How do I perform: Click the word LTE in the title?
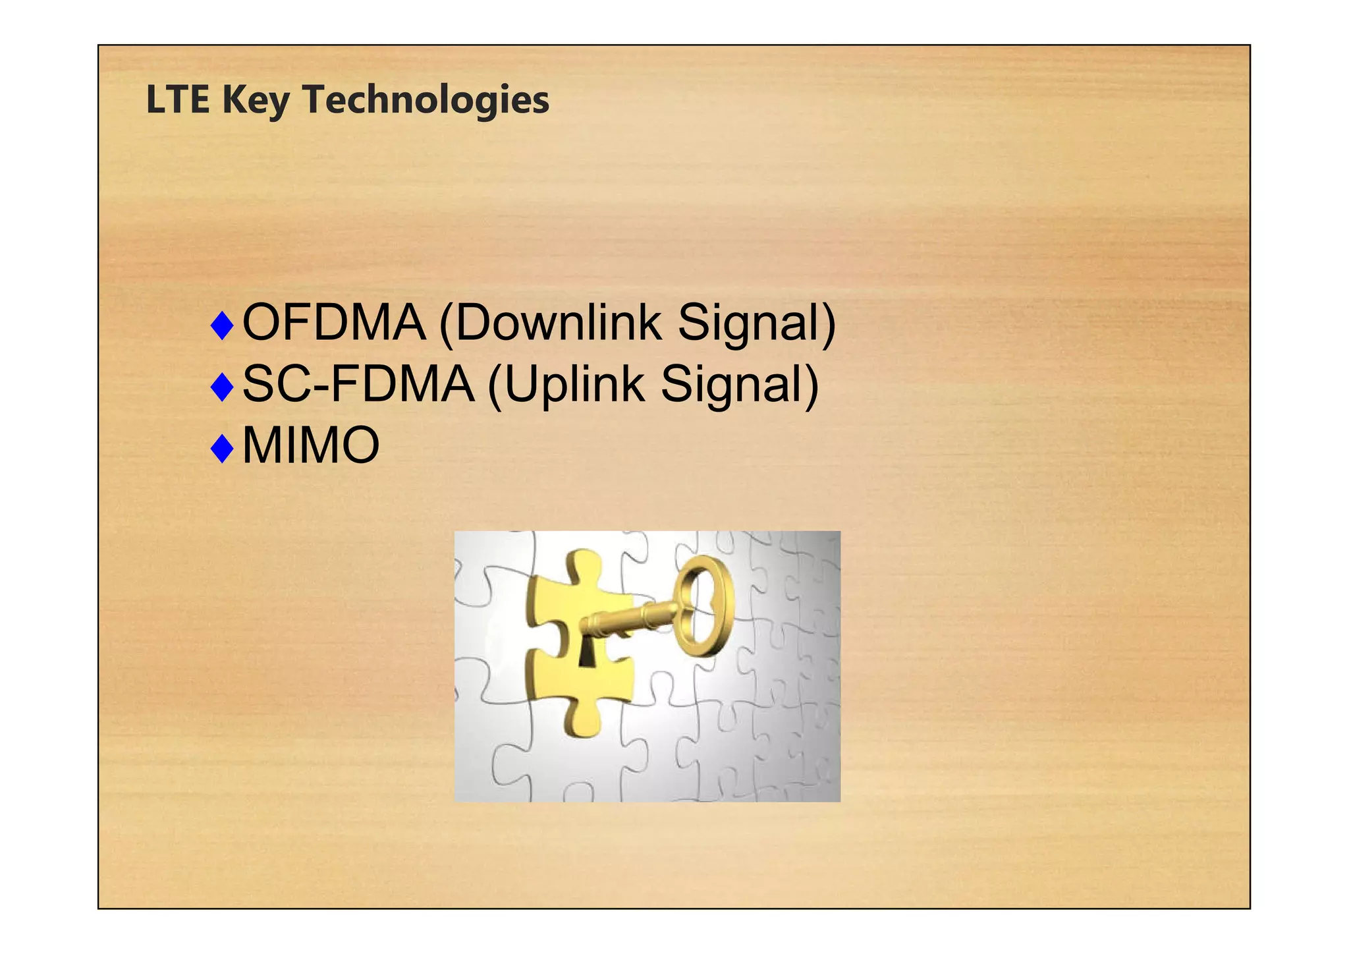pos(177,100)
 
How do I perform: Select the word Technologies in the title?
pos(426,100)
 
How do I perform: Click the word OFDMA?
pos(334,323)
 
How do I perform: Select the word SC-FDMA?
pos(358,384)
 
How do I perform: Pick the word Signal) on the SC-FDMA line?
pos(740,385)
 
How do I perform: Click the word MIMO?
pos(311,446)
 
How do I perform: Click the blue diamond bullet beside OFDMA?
pos(223,325)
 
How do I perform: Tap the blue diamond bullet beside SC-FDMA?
pos(223,387)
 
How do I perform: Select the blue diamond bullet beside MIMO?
pos(223,449)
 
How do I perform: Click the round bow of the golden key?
pos(707,605)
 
